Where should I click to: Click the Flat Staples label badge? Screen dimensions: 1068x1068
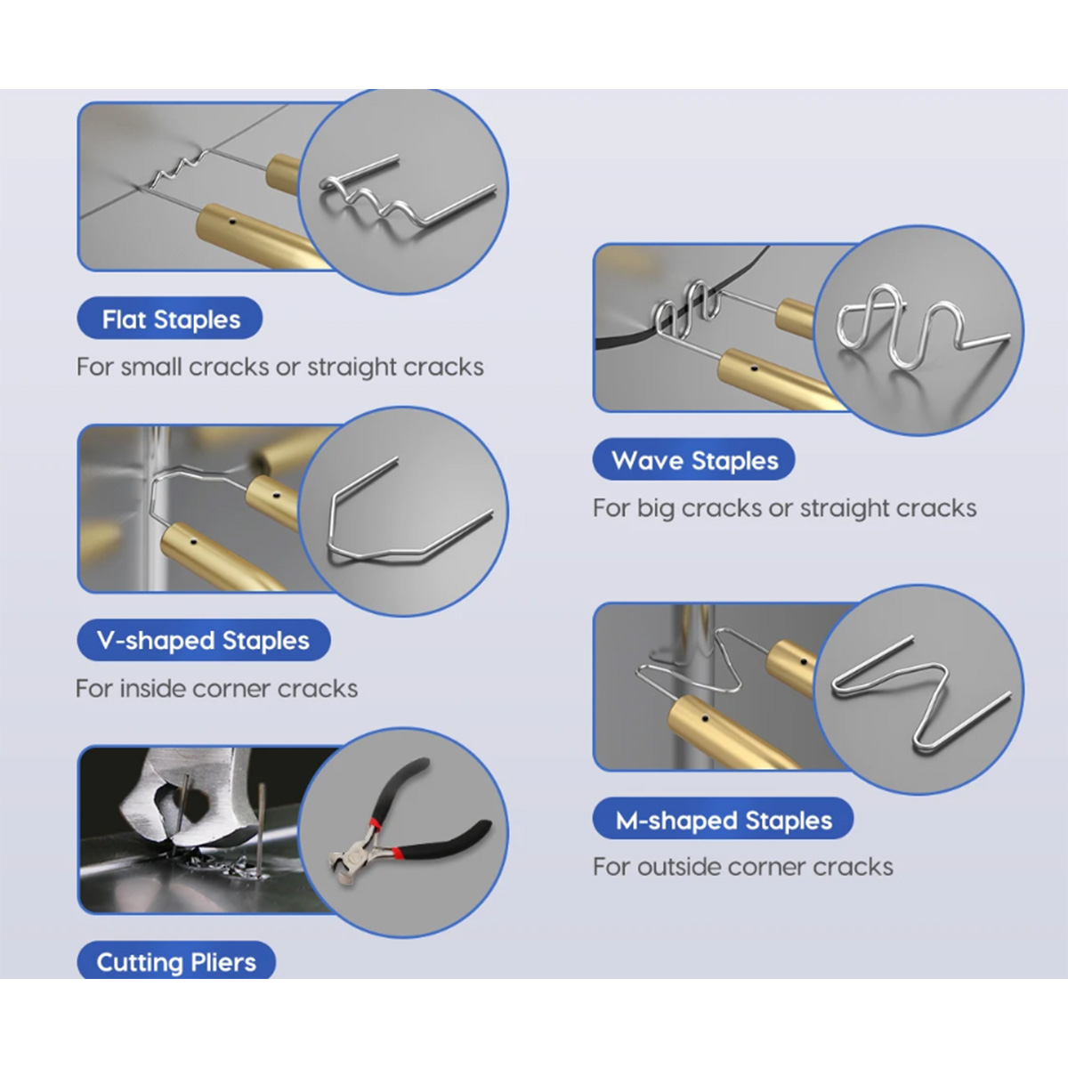pyautogui.click(x=170, y=318)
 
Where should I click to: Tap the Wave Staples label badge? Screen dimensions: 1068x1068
pyautogui.click(x=694, y=459)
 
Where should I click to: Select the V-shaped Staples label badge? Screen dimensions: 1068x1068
pyautogui.click(x=204, y=640)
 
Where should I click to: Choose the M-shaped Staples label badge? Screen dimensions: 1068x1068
pyautogui.click(x=724, y=820)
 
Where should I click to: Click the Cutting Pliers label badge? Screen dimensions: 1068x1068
pyautogui.click(x=176, y=961)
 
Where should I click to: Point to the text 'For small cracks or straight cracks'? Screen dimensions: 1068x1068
pyautogui.click(x=279, y=367)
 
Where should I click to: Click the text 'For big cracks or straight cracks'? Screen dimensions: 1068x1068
pyautogui.click(x=784, y=507)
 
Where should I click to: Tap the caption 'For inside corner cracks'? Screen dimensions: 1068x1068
pyautogui.click(x=216, y=689)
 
